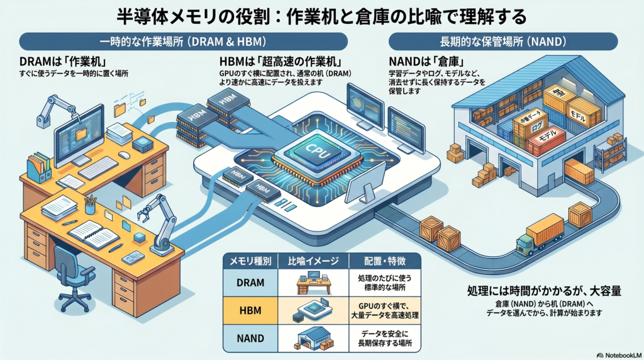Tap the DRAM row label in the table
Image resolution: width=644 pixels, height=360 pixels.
[x=250, y=283]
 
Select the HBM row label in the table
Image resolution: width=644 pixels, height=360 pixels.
[x=250, y=310]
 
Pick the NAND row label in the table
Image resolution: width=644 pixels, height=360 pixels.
[x=250, y=337]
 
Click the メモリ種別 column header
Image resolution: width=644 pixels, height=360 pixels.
[x=251, y=260]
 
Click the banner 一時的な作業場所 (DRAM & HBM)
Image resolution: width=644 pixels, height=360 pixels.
[x=182, y=42]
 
